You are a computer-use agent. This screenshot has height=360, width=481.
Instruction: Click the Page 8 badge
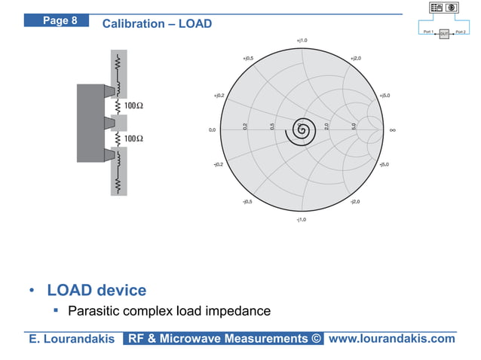(60, 20)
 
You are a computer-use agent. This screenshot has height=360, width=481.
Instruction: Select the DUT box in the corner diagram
(444, 34)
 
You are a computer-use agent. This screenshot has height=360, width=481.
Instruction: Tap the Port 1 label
(427, 32)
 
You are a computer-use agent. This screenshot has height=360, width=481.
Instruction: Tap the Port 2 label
(461, 32)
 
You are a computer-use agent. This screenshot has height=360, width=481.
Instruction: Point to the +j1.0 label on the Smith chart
(302, 40)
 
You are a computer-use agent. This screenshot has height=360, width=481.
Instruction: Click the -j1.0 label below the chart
(302, 219)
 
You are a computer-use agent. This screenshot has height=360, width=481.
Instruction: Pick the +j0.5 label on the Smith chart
(247, 57)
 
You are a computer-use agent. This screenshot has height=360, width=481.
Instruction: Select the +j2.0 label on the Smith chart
(355, 57)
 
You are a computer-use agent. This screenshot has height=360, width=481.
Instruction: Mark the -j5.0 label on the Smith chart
(384, 163)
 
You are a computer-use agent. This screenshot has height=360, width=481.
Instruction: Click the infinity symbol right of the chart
(393, 130)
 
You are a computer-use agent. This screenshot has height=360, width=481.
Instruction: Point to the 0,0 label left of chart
(212, 130)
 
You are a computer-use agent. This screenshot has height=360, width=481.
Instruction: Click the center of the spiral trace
(302, 130)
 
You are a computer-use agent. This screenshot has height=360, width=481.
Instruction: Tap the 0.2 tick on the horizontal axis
(245, 126)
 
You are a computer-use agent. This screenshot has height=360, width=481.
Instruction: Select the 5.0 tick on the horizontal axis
(353, 126)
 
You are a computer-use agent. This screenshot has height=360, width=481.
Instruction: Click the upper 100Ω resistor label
(134, 105)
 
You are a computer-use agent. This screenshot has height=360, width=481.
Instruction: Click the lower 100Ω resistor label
(134, 139)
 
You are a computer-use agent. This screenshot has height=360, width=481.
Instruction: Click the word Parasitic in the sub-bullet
(96, 311)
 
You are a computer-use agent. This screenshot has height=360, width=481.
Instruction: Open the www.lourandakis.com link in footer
(392, 339)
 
